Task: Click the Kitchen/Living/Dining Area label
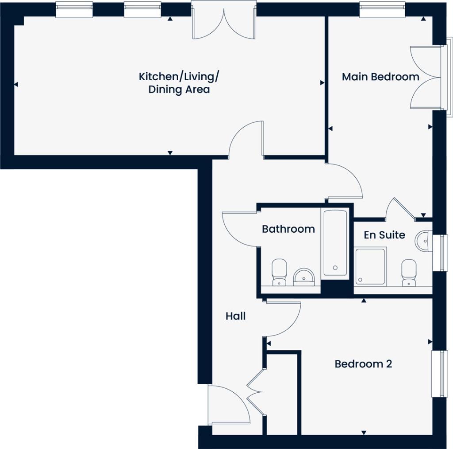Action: (179, 83)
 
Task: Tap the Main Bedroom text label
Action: (380, 77)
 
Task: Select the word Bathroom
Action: (288, 229)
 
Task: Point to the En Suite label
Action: (384, 235)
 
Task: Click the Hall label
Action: (235, 316)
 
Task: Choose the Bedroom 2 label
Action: (363, 364)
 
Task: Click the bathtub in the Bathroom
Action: (335, 243)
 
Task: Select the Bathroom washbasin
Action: (304, 276)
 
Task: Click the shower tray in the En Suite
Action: (370, 265)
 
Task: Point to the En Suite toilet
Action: (408, 273)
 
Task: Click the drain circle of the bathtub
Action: (335, 268)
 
